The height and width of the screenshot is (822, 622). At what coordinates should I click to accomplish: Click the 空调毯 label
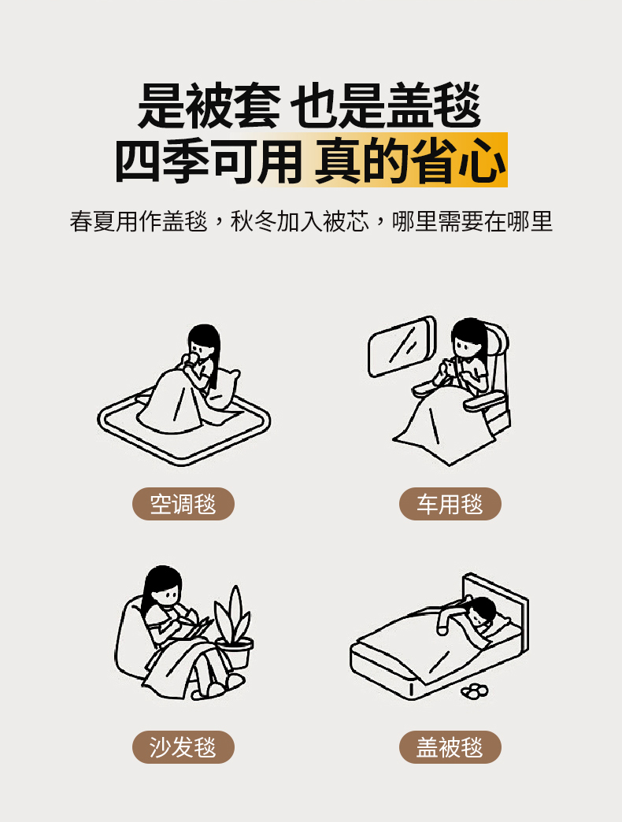tap(183, 504)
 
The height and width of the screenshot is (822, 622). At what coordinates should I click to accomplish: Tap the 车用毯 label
tap(450, 504)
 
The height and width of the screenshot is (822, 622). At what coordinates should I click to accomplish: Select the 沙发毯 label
tap(183, 747)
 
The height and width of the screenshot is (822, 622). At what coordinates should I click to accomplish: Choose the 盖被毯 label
tap(450, 747)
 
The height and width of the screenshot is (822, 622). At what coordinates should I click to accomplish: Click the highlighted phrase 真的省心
tap(410, 160)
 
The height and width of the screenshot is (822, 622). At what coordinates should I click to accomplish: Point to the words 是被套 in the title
tap(209, 106)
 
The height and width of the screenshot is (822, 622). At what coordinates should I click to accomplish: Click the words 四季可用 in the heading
tap(208, 160)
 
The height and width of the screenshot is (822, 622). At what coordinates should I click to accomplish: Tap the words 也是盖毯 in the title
tap(386, 106)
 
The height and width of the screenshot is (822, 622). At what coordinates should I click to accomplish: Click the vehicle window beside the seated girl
tap(402, 346)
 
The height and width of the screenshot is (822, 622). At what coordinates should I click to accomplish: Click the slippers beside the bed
tap(475, 691)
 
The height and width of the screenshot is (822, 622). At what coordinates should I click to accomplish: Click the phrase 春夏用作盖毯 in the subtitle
tap(139, 221)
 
